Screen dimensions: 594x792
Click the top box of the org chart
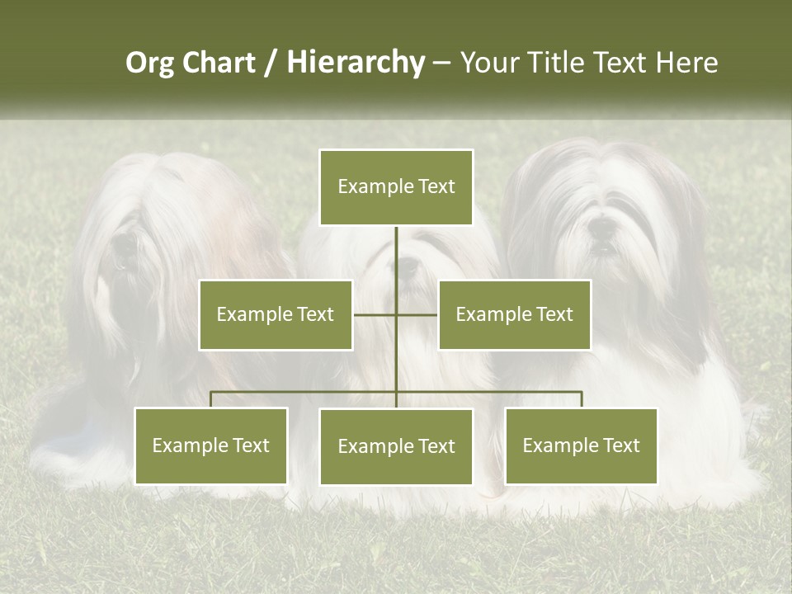point(396,187)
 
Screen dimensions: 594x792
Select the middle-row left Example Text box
point(276,314)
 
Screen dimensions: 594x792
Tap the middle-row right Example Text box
point(514,314)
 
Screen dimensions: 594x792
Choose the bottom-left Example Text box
point(211,445)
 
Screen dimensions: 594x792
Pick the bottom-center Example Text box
point(396,446)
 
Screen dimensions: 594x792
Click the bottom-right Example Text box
point(581,445)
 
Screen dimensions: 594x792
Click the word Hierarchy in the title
point(355,63)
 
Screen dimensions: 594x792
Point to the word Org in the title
point(149,64)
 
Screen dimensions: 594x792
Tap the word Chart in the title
point(219,63)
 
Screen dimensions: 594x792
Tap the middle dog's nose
point(407,266)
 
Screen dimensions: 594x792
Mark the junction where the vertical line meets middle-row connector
point(396,314)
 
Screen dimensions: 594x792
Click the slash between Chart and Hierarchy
point(271,64)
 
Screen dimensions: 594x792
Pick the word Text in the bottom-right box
point(620,445)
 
